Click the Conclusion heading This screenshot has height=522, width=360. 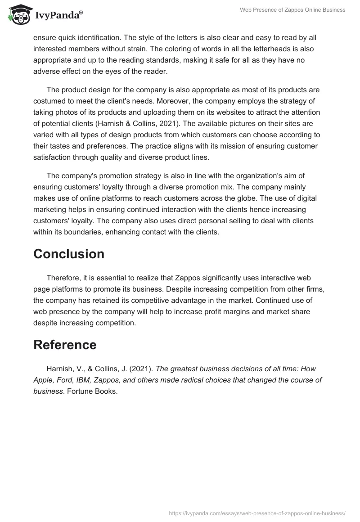pyautogui.click(x=69, y=254)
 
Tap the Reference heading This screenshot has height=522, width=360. pyautogui.click(x=65, y=345)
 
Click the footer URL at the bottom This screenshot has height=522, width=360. pyautogui.click(x=256, y=513)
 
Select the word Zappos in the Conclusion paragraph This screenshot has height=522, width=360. pyautogui.click(x=190, y=278)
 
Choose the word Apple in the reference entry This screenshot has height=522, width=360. pyautogui.click(x=43, y=380)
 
